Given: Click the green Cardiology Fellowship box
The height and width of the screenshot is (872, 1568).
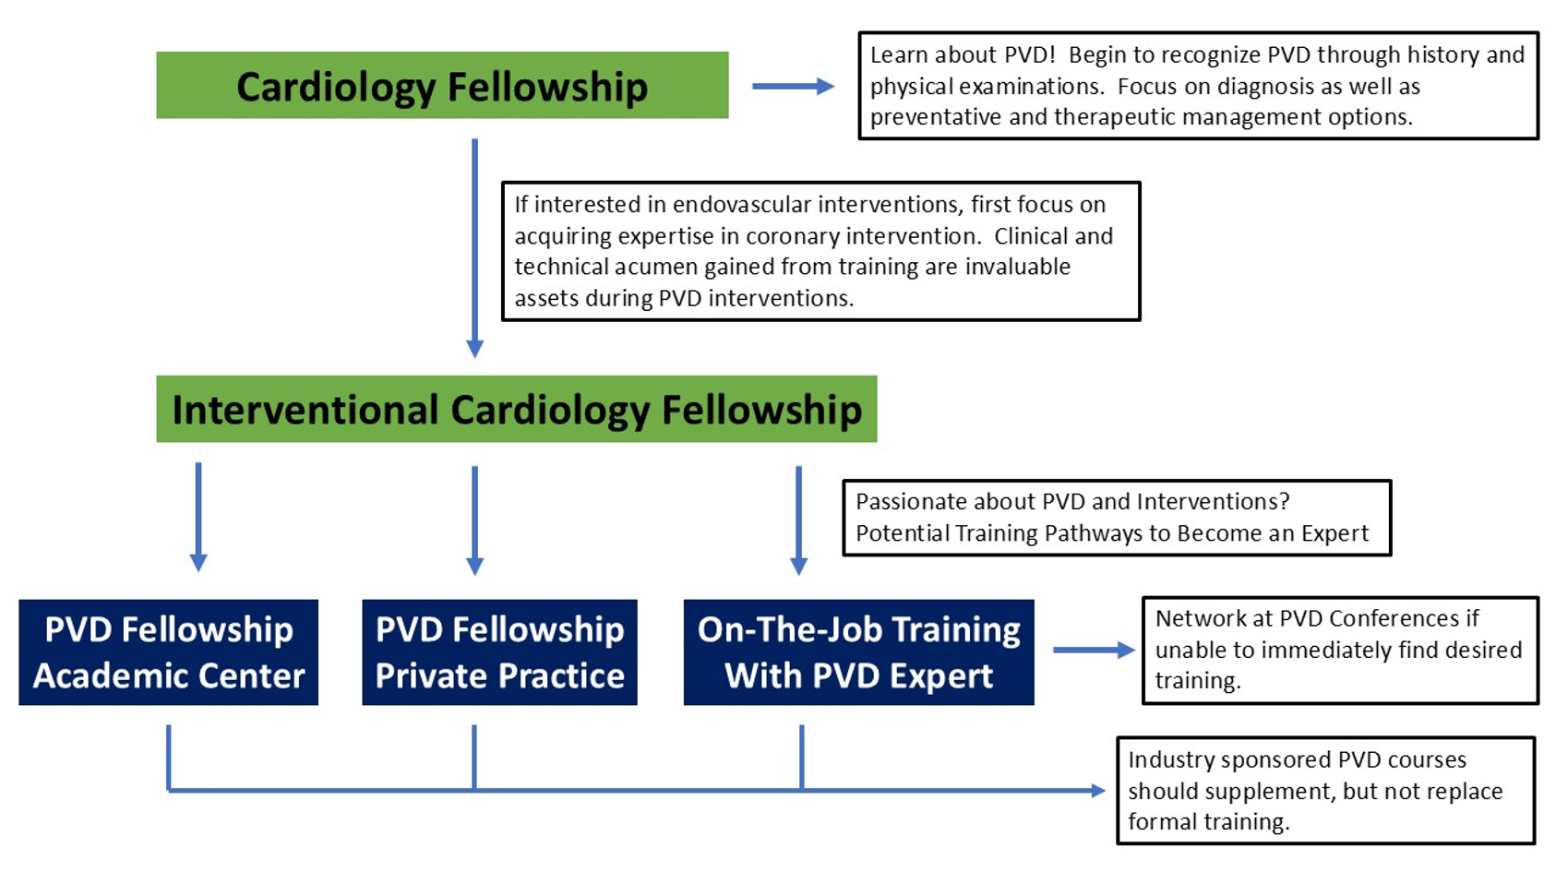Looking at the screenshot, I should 442,85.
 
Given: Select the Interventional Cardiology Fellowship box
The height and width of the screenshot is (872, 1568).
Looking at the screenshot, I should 516,409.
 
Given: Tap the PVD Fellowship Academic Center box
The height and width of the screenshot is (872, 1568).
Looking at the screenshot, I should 168,652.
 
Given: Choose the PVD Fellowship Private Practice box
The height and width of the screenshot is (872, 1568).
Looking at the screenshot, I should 499,652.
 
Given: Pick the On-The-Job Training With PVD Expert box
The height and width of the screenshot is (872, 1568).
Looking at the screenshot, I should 858,652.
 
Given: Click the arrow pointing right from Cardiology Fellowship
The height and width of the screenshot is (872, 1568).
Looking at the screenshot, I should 793,86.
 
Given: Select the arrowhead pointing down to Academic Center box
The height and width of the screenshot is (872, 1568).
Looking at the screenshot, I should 198,561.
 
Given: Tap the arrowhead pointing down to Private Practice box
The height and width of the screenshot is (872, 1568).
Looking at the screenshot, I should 474,564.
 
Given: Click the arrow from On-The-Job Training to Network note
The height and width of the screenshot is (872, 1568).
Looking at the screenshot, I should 1093,650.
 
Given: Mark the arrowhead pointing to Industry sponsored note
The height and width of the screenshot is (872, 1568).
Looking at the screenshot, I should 1097,790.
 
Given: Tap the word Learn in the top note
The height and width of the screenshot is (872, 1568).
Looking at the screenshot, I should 898,54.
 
